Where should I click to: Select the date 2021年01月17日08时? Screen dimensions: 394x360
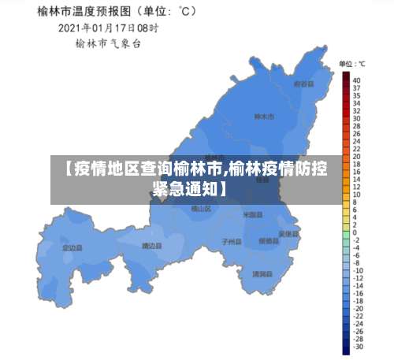click(109, 28)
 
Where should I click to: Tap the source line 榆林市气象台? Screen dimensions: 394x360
click(108, 44)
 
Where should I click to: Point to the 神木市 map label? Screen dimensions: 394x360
click(263, 117)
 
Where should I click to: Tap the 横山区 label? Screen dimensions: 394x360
click(202, 209)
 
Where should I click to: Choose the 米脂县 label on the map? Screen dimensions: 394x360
click(252, 214)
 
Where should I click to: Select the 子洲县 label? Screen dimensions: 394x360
click(231, 241)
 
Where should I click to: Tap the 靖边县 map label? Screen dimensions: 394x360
click(151, 246)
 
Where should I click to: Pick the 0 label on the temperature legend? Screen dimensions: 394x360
click(355, 233)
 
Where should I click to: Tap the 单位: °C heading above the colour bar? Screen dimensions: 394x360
click(351, 63)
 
